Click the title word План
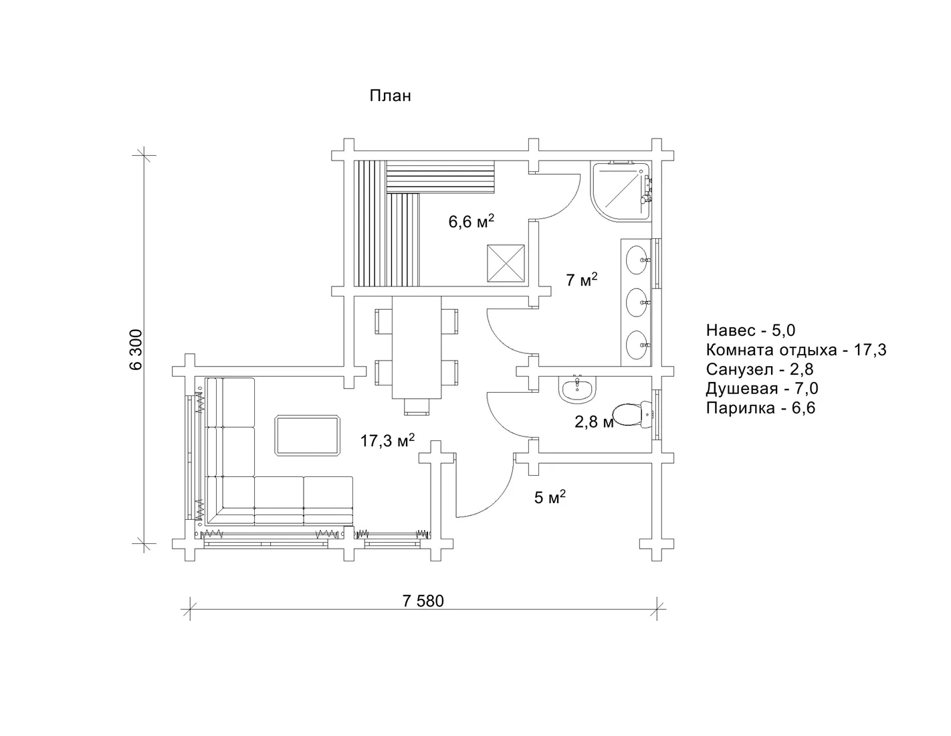click(390, 96)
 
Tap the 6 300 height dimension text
click(136, 350)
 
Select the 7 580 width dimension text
click(423, 601)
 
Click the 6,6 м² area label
click(471, 221)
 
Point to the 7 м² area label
click(582, 279)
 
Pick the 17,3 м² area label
click(387, 440)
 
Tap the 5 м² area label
click(550, 497)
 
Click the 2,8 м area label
click(594, 422)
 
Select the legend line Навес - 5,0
click(750, 330)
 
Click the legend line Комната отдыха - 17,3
click(796, 350)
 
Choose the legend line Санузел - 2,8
click(760, 369)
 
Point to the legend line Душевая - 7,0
click(762, 388)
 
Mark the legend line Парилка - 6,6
click(760, 408)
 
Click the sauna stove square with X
click(506, 263)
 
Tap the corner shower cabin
click(620, 191)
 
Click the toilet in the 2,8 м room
click(633, 414)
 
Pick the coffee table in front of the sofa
click(307, 436)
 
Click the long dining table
click(416, 347)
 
